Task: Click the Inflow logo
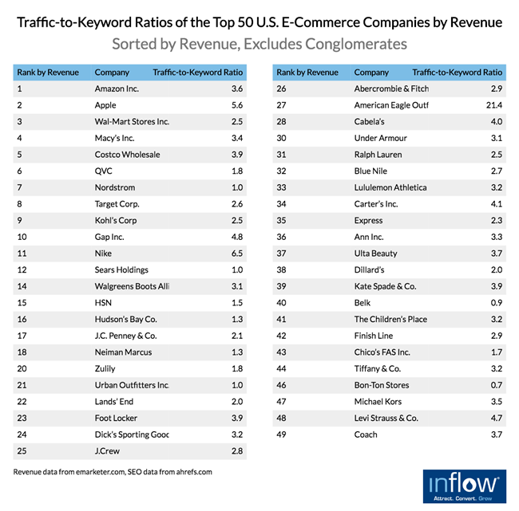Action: click(463, 486)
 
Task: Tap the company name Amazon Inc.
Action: click(117, 88)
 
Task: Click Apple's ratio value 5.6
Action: click(238, 105)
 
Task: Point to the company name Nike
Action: click(105, 254)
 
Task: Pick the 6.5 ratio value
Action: click(238, 254)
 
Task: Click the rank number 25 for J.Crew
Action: click(22, 451)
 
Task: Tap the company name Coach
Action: click(366, 434)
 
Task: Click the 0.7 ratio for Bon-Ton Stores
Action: click(497, 385)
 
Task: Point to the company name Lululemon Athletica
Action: click(390, 187)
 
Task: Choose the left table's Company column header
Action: click(112, 72)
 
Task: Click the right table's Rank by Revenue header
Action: click(307, 72)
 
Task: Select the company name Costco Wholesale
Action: click(128, 155)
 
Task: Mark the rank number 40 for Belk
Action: click(282, 303)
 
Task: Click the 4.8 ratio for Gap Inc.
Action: click(238, 237)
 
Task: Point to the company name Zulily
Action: click(105, 368)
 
